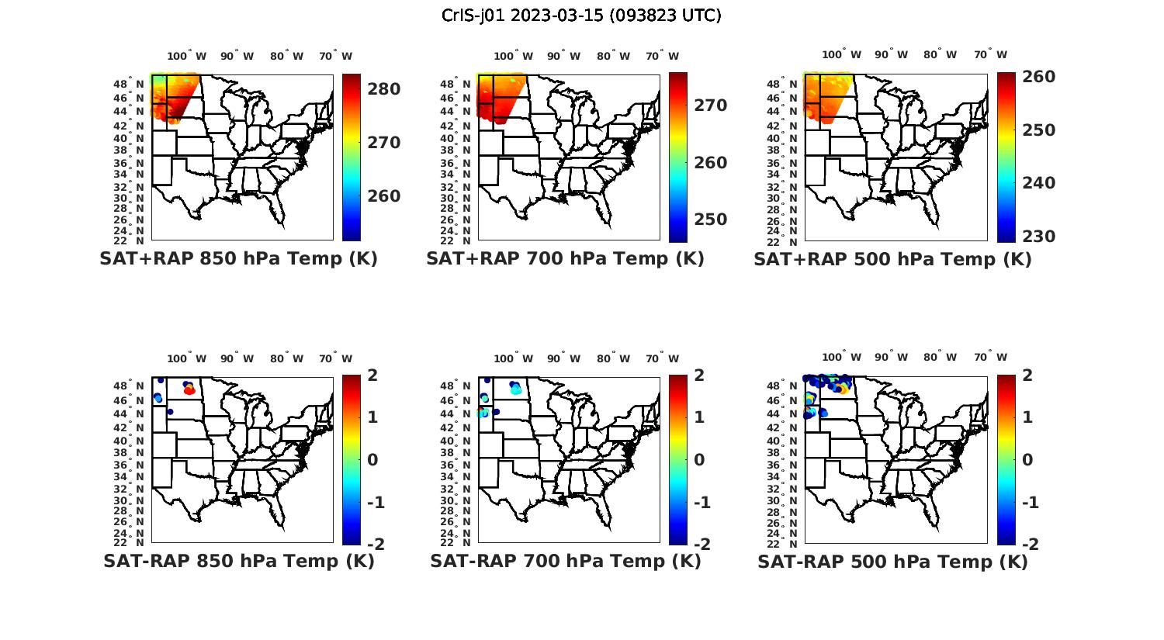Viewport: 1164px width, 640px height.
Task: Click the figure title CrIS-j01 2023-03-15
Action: click(581, 16)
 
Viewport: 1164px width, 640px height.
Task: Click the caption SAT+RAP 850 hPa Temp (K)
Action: click(238, 259)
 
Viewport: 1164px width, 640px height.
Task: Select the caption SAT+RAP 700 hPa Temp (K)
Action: click(565, 259)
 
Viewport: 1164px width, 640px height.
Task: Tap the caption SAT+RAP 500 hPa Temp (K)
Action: click(892, 259)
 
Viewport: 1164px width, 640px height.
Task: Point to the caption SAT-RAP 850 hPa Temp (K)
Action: click(238, 561)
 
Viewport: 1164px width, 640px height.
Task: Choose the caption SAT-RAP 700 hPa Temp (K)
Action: click(565, 561)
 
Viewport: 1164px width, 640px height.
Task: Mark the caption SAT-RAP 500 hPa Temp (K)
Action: click(892, 561)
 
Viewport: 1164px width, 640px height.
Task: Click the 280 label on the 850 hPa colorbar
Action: click(384, 89)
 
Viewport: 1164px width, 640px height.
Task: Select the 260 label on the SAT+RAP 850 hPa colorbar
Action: click(384, 196)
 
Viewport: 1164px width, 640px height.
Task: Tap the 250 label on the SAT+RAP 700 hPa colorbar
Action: click(711, 220)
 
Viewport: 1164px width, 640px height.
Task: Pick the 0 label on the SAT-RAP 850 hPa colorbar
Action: click(372, 459)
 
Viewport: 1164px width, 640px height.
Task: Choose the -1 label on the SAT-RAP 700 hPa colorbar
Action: click(702, 502)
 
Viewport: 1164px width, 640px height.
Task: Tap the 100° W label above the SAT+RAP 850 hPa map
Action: click(186, 56)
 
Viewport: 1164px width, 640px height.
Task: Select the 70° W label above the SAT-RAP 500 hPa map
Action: click(990, 358)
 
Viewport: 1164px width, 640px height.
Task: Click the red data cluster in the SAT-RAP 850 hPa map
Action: click(189, 390)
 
